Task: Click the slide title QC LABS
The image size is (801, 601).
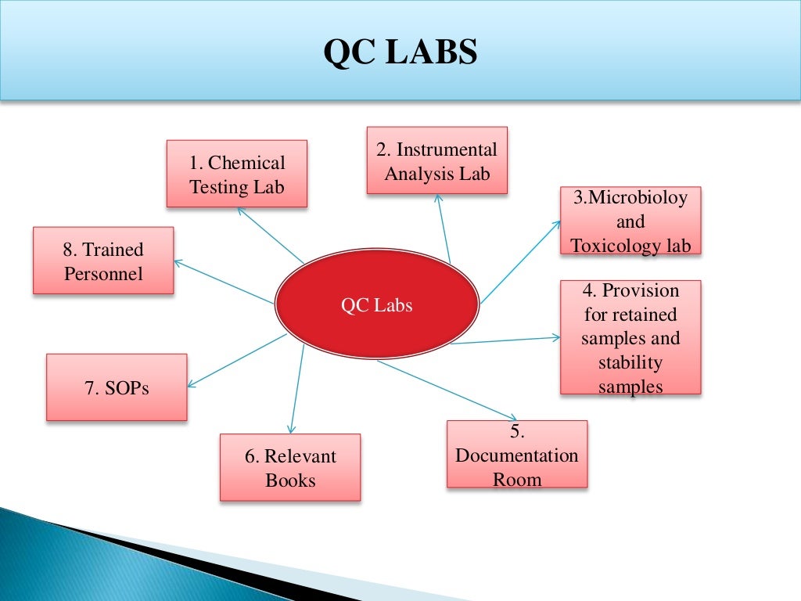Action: click(400, 52)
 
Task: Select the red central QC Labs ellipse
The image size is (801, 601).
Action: click(376, 305)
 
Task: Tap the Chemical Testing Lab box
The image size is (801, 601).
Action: click(237, 174)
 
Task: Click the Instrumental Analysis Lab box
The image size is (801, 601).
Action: click(437, 160)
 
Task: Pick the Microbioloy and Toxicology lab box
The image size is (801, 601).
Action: click(630, 221)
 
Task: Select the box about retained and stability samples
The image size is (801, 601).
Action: click(630, 337)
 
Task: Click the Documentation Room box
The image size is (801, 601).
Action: click(517, 455)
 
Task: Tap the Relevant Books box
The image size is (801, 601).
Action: click(290, 467)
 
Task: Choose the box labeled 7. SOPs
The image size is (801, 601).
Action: click(117, 387)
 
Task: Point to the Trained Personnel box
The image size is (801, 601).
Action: click(103, 261)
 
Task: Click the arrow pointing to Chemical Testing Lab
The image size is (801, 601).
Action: click(270, 236)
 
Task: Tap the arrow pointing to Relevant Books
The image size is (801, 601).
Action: click(296, 387)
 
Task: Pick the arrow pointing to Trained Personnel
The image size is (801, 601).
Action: click(223, 282)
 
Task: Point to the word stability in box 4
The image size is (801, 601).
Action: click(630, 362)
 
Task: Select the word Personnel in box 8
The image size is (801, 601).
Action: click(103, 274)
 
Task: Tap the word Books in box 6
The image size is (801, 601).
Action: click(290, 480)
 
